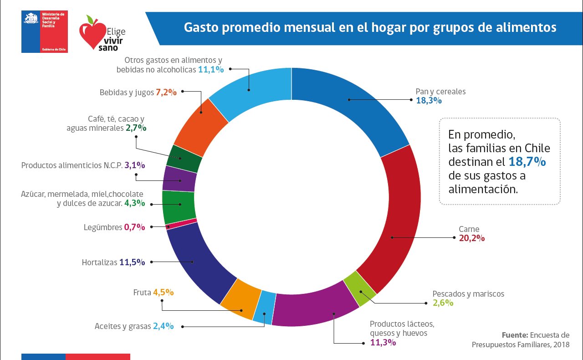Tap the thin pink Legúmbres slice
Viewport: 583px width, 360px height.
182,224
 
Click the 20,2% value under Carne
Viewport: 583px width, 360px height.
471,238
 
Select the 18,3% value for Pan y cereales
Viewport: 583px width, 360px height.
429,100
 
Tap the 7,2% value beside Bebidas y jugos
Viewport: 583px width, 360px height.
166,92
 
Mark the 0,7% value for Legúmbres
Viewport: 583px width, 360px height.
134,227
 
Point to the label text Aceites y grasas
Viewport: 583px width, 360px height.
123,326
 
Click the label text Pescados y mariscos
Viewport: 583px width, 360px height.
468,294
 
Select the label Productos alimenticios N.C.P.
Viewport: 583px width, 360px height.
72,165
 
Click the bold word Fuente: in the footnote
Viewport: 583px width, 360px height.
515,334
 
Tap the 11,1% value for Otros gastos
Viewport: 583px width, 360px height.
211,69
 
